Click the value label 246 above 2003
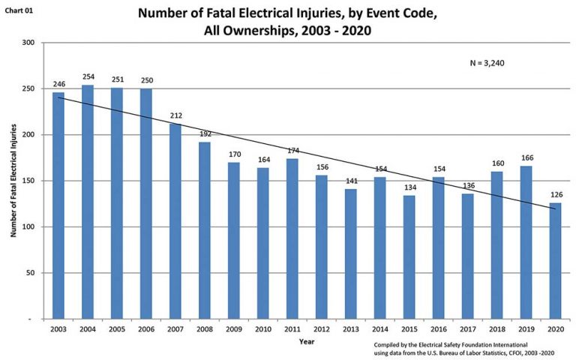[x=58, y=85]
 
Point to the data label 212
[x=175, y=115]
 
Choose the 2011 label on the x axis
[x=292, y=329]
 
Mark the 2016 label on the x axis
[x=438, y=329]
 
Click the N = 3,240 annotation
[x=487, y=64]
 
